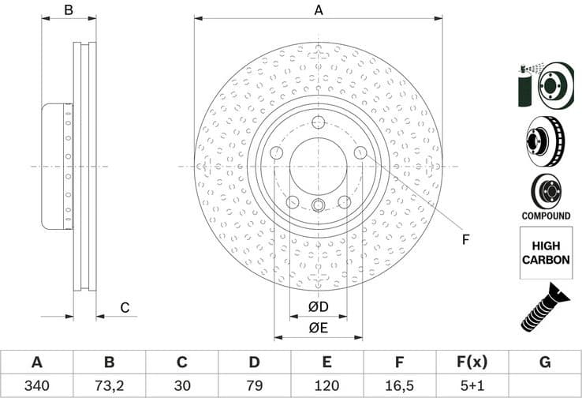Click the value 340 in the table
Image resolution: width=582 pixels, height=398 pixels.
pos(36,387)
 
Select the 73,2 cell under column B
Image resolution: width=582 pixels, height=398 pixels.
pos(109,387)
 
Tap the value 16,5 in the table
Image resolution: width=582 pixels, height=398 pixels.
pos(399,387)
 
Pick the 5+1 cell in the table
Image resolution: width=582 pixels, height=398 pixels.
pos(472,387)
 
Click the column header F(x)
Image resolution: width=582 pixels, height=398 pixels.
pos(472,362)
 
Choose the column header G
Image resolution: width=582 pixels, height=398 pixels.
pos(544,362)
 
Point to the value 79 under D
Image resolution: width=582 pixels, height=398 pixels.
pos(254,387)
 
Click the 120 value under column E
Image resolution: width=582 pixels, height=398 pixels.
pos(326,387)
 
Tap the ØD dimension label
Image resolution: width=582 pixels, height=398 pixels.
pos(318,306)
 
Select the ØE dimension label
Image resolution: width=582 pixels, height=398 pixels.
pos(318,327)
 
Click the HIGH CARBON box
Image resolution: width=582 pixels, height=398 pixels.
pos(545,253)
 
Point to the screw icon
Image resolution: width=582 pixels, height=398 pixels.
pos(544,307)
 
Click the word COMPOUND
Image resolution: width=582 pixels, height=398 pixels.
pos(545,216)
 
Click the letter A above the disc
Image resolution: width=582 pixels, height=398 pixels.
pos(319,10)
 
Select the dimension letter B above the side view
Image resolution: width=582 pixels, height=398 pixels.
pos(69,10)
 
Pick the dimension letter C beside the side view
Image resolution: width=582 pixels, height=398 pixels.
pos(124,307)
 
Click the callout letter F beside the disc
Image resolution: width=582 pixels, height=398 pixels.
pos(465,239)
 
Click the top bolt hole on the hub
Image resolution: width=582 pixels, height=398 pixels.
pos(319,122)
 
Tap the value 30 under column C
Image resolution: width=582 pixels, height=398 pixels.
pos(181,387)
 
